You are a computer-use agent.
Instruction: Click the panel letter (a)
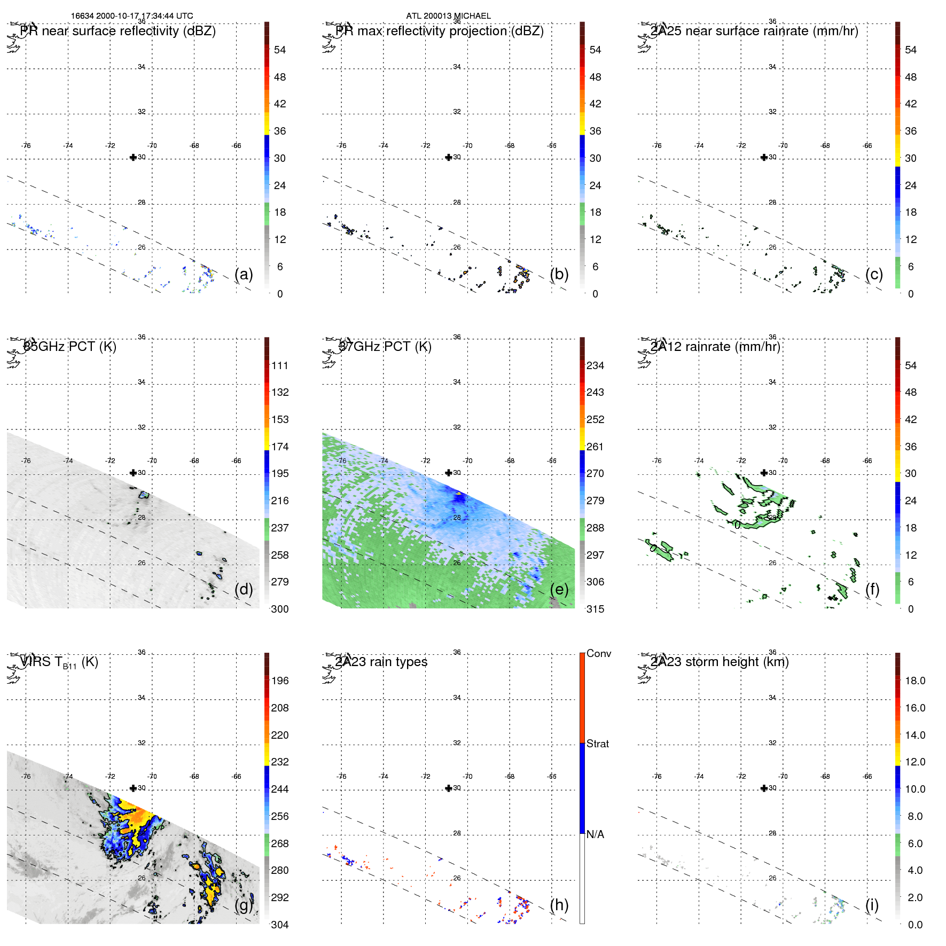click(244, 274)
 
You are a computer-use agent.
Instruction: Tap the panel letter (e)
click(559, 589)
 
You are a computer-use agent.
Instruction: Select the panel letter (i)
click(872, 905)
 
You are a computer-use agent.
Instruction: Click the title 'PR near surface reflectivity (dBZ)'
click(118, 31)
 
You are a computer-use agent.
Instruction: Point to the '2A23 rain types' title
click(381, 662)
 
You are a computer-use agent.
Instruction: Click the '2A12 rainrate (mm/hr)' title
click(716, 347)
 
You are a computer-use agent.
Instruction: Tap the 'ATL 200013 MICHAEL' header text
click(448, 16)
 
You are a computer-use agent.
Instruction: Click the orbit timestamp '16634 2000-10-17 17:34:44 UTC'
click(132, 16)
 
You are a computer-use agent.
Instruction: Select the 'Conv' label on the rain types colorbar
click(598, 653)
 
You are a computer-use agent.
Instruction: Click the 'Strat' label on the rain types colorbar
click(598, 744)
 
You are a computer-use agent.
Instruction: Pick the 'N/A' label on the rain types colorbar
click(595, 834)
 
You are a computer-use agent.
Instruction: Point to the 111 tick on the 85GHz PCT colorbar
click(280, 365)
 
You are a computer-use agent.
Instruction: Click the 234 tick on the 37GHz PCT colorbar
click(595, 365)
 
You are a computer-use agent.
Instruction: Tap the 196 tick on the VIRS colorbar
click(280, 681)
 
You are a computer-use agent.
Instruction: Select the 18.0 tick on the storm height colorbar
click(915, 681)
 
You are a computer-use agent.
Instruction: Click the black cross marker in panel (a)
click(133, 157)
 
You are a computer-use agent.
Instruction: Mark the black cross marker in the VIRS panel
click(133, 788)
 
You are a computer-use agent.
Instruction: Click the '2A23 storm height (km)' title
click(720, 662)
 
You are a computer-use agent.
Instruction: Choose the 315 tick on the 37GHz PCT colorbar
click(595, 609)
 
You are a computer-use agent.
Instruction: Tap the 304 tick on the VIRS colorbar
click(280, 925)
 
